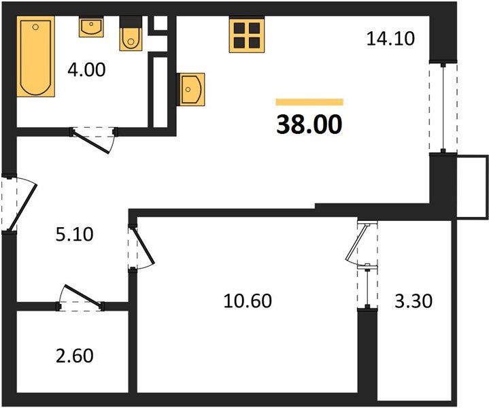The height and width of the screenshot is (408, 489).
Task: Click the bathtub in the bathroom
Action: [x=35, y=58]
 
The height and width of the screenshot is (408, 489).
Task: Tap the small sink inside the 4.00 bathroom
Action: [x=90, y=28]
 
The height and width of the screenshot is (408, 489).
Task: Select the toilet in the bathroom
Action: [x=129, y=37]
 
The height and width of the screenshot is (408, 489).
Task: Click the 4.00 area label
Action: [x=86, y=69]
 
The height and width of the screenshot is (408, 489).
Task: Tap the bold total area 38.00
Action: [x=309, y=125]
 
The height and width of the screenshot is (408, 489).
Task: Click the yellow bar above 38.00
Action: [x=309, y=102]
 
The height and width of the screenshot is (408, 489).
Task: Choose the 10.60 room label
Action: [x=248, y=300]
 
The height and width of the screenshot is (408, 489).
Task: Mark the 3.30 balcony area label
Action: [x=413, y=300]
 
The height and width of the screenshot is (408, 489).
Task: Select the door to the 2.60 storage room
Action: [x=82, y=299]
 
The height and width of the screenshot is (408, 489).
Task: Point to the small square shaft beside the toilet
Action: [x=161, y=22]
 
